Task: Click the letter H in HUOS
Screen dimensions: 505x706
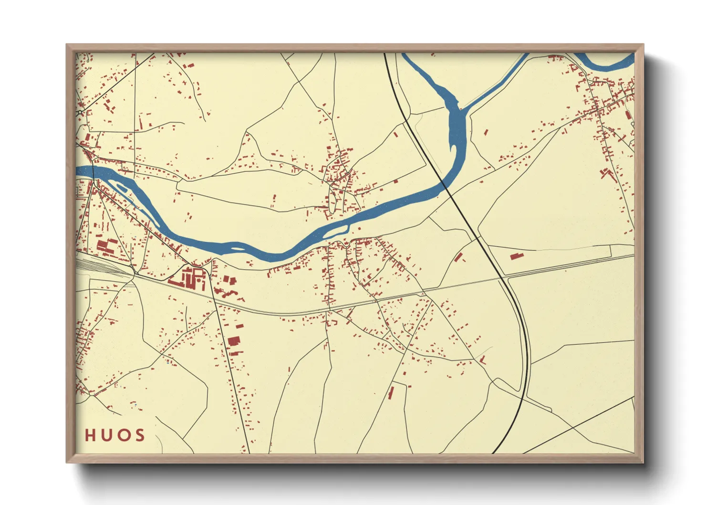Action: click(x=91, y=435)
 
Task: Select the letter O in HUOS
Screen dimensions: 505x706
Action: click(x=123, y=435)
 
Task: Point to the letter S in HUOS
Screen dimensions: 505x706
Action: click(x=139, y=435)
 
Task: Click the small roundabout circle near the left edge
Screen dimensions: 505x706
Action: click(x=80, y=113)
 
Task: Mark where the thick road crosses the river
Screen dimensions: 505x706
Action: click(x=445, y=184)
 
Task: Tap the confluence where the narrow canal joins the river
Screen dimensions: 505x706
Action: click(x=462, y=110)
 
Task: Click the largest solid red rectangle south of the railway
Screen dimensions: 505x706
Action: click(x=234, y=340)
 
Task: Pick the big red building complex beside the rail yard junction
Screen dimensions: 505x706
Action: click(x=189, y=278)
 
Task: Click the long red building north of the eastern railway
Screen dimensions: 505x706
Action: click(x=517, y=256)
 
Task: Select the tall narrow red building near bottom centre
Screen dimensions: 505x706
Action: click(x=391, y=392)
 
